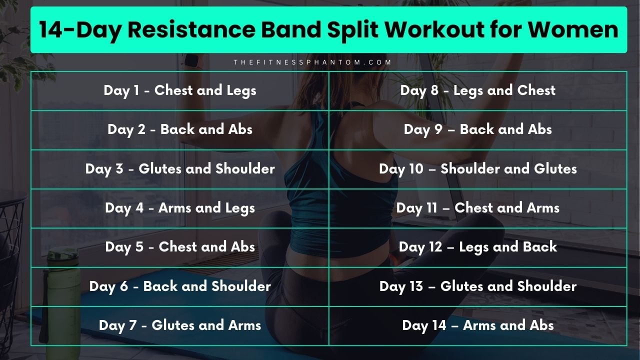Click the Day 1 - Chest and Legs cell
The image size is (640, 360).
point(180,90)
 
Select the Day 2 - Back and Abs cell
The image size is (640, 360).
point(180,129)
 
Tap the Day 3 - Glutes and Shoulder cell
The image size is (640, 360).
point(180,168)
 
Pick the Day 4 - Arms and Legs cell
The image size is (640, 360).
point(180,208)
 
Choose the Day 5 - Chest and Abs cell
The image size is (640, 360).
point(180,247)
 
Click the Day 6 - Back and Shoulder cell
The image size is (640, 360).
point(180,286)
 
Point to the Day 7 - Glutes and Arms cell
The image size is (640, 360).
point(180,325)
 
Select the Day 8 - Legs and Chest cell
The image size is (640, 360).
point(477,90)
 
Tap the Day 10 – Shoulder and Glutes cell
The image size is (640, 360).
point(477,168)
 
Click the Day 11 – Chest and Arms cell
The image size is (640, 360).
point(477,208)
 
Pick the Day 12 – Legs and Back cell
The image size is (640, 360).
point(477,247)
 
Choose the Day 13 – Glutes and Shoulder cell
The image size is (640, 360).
point(477,286)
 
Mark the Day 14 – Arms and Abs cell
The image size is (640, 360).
point(477,325)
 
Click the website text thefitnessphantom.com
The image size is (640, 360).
point(312,62)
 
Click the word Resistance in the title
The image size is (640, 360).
point(200,30)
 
